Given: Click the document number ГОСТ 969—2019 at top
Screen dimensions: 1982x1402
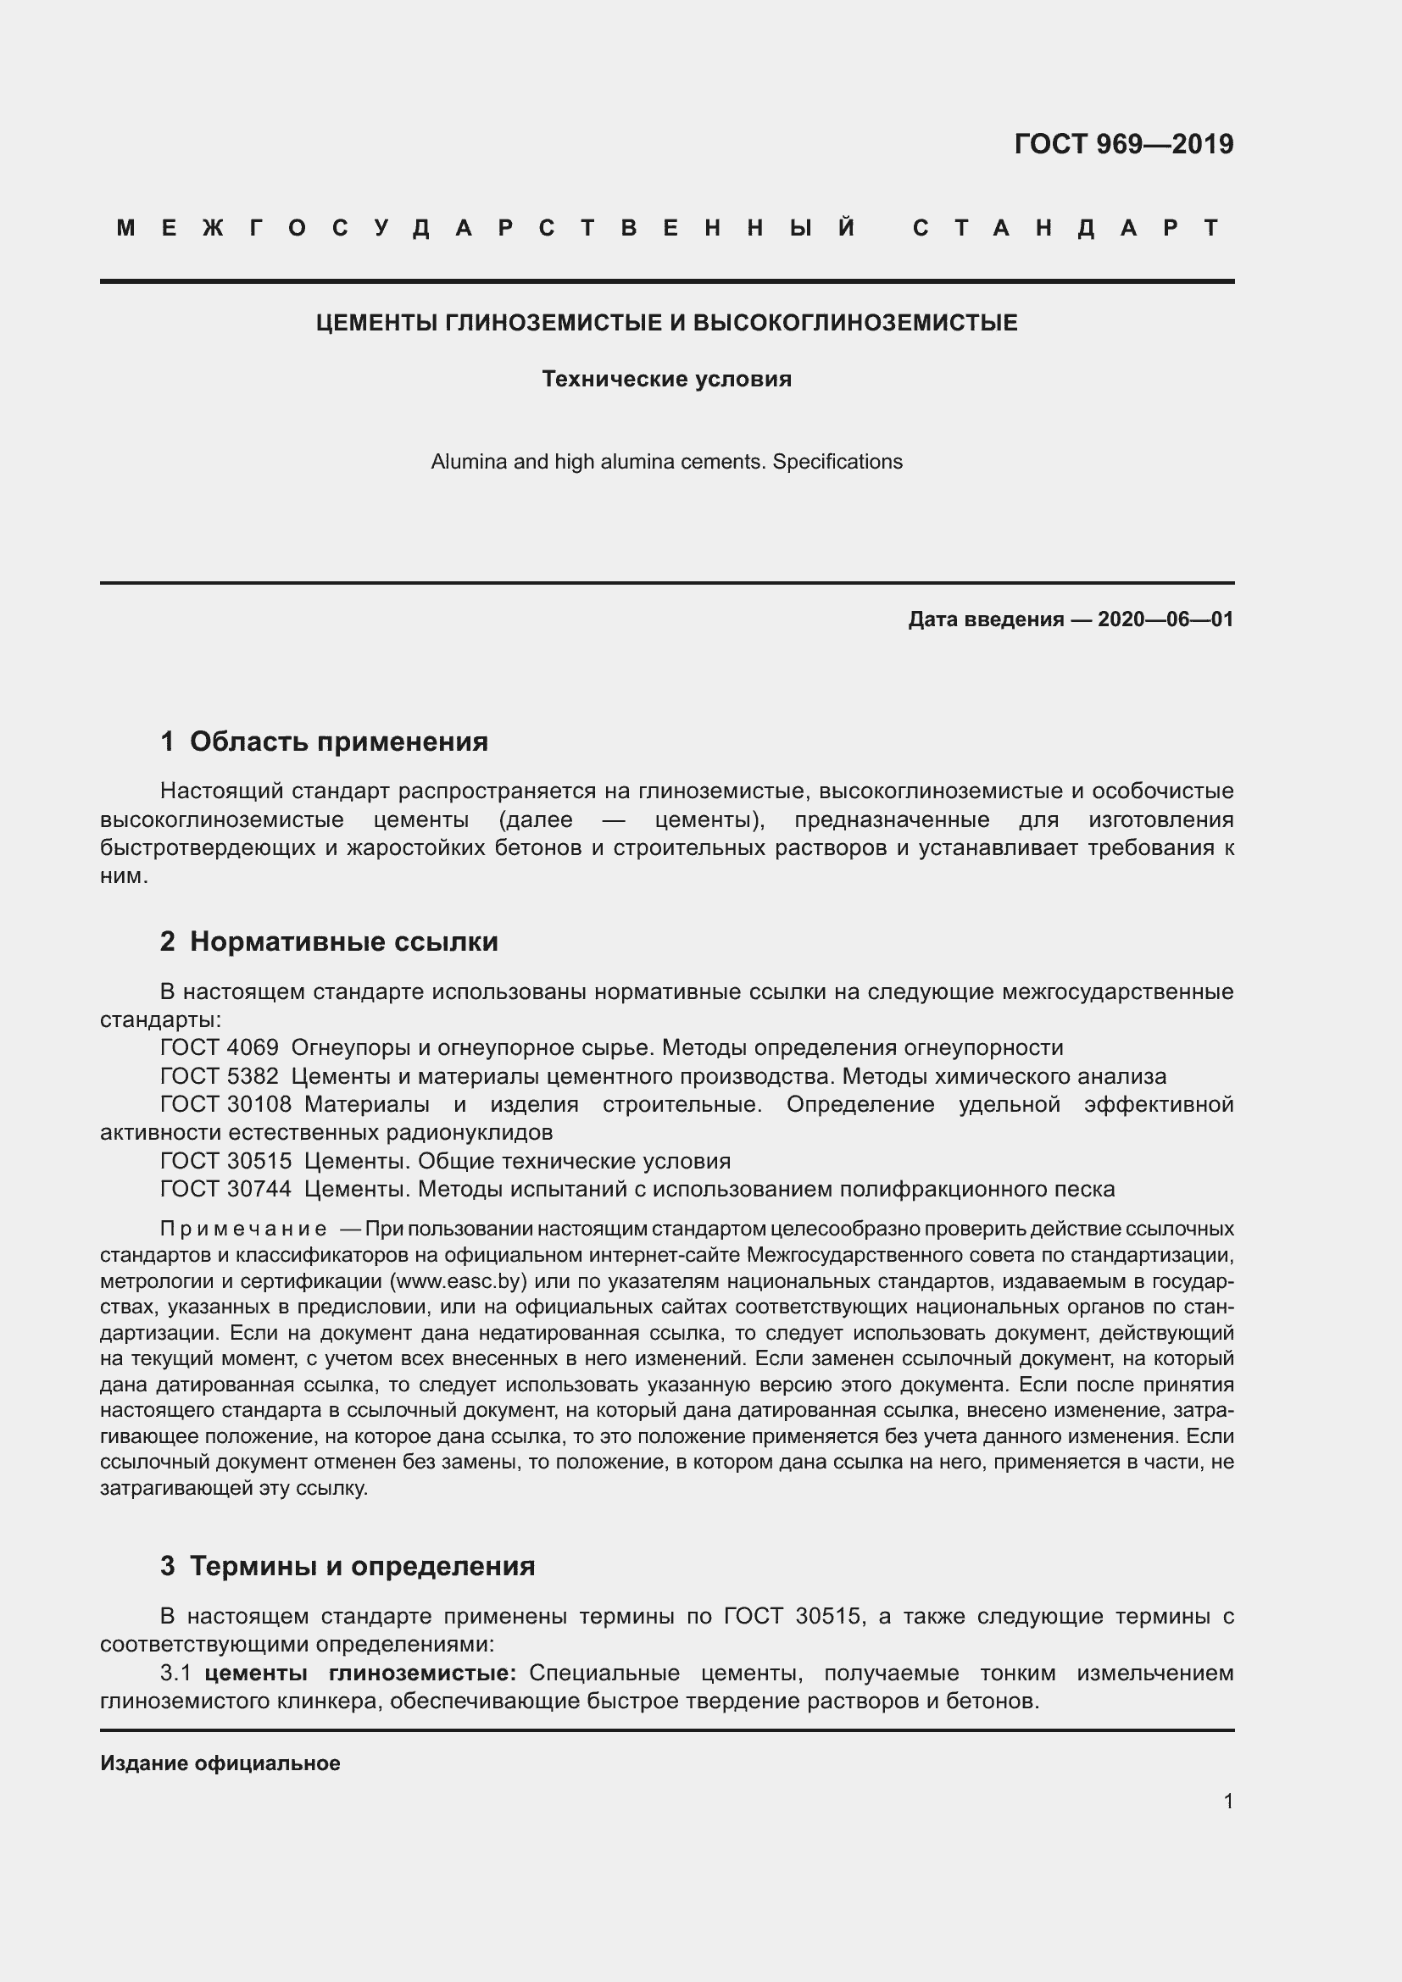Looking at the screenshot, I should click(x=1123, y=144).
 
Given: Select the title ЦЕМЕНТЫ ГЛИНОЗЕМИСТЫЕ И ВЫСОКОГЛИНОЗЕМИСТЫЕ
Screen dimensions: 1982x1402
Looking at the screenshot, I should click(x=666, y=323).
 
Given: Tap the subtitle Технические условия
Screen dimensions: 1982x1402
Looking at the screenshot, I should click(x=666, y=379).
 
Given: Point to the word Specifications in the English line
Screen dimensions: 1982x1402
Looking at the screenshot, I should click(x=837, y=462).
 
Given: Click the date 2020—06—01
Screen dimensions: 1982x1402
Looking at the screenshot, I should click(x=1165, y=619).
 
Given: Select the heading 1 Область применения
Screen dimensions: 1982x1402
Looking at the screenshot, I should click(x=324, y=741).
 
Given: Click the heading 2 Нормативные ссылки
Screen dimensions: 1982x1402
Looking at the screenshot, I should click(x=329, y=941).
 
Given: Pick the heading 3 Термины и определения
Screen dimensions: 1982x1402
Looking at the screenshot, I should click(x=347, y=1565).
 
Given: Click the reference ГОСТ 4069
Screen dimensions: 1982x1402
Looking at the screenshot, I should click(x=220, y=1048).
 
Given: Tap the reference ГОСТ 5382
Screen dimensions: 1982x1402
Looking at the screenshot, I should click(x=220, y=1076).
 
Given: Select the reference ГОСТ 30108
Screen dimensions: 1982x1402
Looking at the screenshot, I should click(x=225, y=1104).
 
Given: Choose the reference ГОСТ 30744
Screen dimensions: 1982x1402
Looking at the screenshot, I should click(x=225, y=1189).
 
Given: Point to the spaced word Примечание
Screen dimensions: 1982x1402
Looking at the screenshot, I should click(x=243, y=1229).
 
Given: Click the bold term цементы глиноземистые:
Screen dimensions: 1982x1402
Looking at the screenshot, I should click(x=360, y=1673).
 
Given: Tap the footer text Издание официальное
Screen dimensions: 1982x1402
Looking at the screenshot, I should click(x=220, y=1763).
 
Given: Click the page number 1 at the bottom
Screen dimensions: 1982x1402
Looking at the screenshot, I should click(x=1227, y=1801).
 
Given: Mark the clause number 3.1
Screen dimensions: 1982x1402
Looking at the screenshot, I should click(x=175, y=1673).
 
